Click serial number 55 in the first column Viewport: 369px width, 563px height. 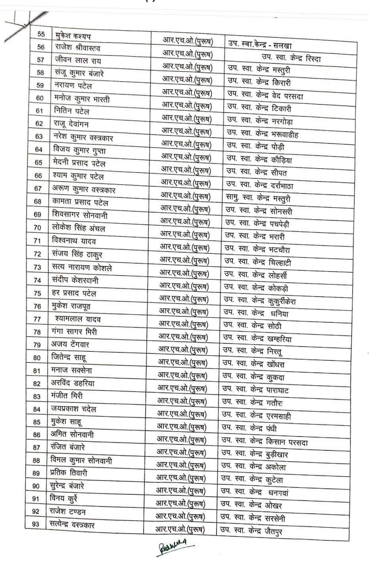41,34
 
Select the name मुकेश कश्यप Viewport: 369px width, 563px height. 73,35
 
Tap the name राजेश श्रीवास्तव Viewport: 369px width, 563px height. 78,48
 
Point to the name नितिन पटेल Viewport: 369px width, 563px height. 72,111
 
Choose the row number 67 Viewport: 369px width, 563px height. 38,189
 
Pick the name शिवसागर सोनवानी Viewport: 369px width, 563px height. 80,215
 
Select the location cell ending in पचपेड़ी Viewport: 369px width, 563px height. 257,224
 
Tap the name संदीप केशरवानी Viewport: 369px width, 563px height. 75,280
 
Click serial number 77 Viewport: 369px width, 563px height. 37,319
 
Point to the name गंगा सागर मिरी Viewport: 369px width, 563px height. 74,331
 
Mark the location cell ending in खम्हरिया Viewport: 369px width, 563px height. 257,338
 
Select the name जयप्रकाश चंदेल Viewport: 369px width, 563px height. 74,409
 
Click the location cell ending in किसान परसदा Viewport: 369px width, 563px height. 264,442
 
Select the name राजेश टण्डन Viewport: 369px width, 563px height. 68,511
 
